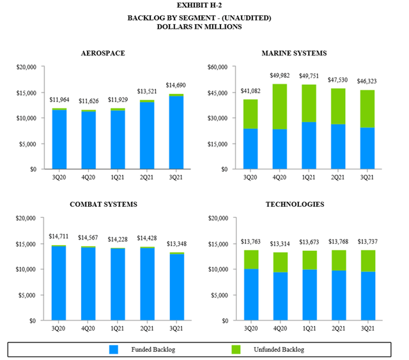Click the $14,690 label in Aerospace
point(176,85)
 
